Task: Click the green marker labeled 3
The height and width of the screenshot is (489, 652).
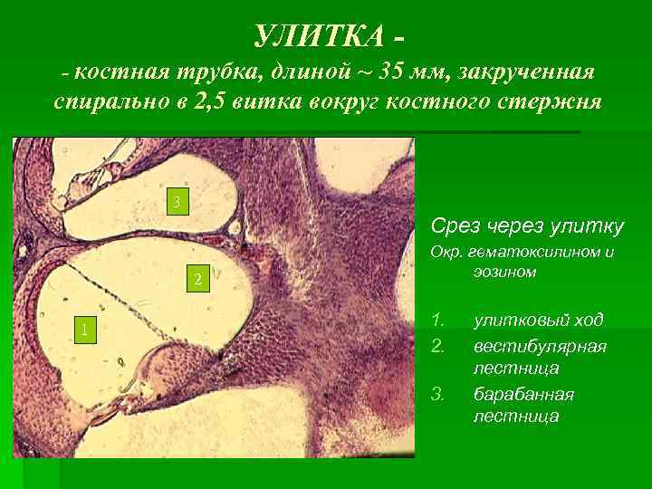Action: point(178,201)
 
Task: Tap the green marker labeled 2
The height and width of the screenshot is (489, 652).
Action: point(197,278)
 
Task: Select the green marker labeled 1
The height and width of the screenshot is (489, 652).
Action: point(83,330)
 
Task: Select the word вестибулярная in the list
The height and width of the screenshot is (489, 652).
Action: point(540,346)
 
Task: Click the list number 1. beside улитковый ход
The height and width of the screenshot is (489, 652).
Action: point(438,321)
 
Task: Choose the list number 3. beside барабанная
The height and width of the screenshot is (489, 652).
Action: point(438,395)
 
